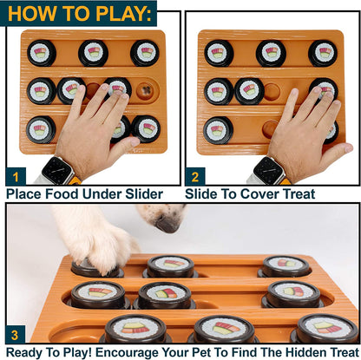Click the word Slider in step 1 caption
pos(150,193)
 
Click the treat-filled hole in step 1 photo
pos(149,89)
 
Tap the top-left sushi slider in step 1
pos(41,53)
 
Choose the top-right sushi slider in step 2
pos(323,53)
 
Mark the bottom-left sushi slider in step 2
pos(218,129)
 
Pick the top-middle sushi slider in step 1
pos(93,53)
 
